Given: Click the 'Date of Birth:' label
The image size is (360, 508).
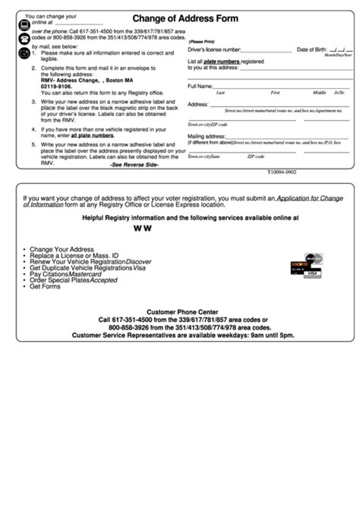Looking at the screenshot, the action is pyautogui.click(x=311, y=49).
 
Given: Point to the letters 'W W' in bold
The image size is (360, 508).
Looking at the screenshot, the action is pyautogui.click(x=142, y=228).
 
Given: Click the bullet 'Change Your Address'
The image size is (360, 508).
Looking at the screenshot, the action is pyautogui.click(x=62, y=249).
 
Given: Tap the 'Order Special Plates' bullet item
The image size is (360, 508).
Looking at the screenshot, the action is pyautogui.click(x=60, y=281).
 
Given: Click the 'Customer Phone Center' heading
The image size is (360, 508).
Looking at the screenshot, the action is pyautogui.click(x=182, y=311).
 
